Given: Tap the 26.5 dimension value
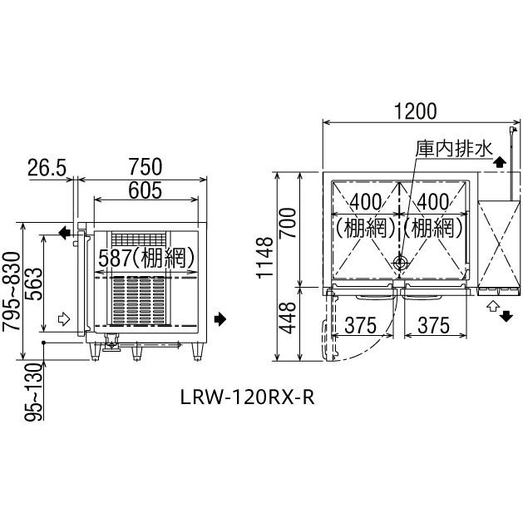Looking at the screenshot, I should coord(46,167).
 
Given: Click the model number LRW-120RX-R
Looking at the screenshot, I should coord(247,397).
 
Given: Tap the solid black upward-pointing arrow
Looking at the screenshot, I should coord(498,161).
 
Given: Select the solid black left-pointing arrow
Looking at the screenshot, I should coord(64,234).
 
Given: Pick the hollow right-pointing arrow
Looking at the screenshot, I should coord(63,318).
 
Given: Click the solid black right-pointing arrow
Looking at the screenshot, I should coord(219,318).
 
